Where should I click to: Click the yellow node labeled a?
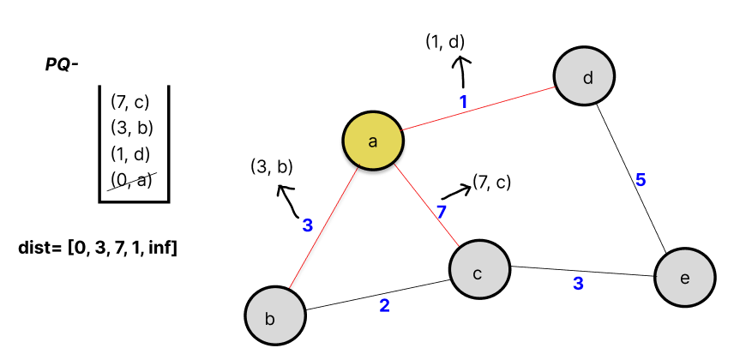[373, 141]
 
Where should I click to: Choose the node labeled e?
[684, 278]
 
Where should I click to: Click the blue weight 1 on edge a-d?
[464, 101]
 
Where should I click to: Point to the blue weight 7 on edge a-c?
[442, 211]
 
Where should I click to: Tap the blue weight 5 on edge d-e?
[640, 180]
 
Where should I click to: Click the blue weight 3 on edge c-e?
[578, 283]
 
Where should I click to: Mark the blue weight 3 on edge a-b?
[307, 225]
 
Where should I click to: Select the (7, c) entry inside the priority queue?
[130, 102]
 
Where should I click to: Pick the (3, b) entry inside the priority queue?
[130, 129]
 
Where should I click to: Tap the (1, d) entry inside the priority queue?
[130, 155]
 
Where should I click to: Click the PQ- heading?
[62, 64]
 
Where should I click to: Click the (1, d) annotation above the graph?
[446, 41]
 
